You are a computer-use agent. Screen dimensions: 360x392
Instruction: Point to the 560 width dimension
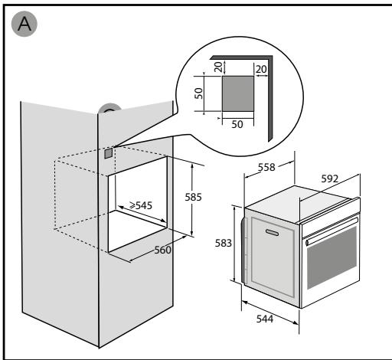click(161, 249)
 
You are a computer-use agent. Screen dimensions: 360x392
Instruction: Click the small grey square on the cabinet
click(108, 152)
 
